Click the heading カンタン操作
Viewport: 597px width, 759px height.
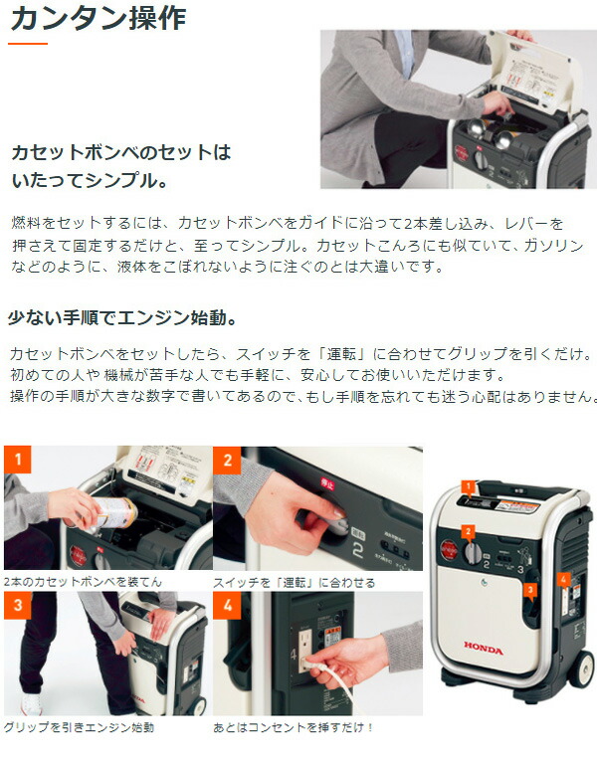97,18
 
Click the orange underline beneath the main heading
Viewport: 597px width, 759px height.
28,44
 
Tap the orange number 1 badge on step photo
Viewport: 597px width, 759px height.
17,460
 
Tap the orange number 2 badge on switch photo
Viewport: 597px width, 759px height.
227,460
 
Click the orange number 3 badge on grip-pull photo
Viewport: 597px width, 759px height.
17,605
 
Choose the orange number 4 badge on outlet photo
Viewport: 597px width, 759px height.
227,605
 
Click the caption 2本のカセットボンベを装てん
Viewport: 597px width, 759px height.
83,581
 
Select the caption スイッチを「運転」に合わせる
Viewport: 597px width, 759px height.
295,582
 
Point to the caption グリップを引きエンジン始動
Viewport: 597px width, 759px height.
79,727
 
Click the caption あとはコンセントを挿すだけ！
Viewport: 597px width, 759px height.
294,727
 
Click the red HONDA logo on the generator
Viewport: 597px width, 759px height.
484,649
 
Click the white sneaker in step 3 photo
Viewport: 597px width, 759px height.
29,703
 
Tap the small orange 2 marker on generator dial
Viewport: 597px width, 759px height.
468,531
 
